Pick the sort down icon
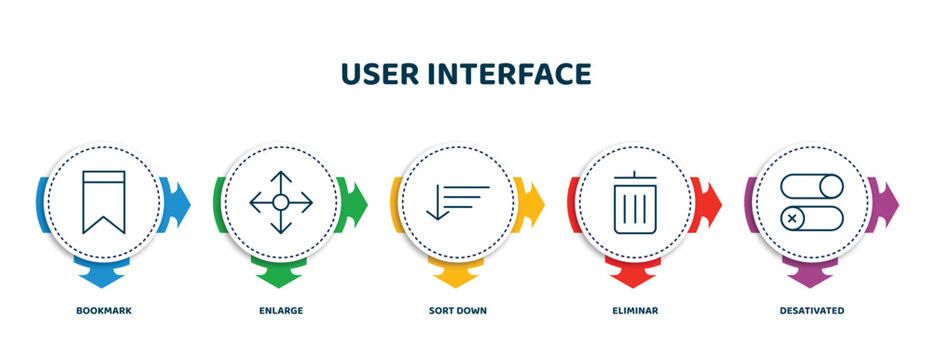[x=457, y=200]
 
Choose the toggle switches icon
[x=812, y=202]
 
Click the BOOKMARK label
[x=104, y=311]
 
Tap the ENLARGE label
[x=281, y=311]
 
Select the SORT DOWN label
[x=458, y=311]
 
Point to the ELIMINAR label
[x=635, y=311]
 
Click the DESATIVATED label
[x=812, y=311]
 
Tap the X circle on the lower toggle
[x=792, y=216]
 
